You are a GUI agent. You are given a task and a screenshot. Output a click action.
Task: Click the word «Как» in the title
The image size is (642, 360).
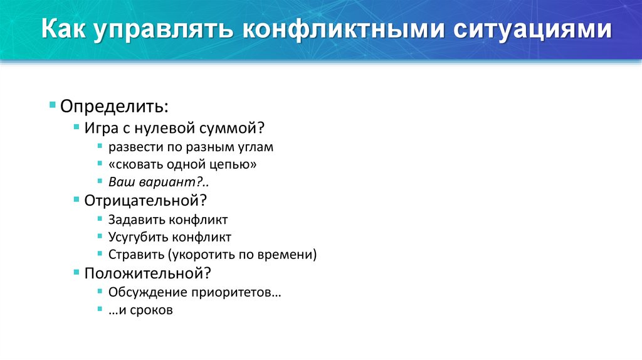click(65, 31)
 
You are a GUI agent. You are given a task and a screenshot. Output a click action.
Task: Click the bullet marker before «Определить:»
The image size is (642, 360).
click(53, 103)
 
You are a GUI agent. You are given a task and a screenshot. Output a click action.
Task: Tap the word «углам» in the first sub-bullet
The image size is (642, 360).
click(256, 147)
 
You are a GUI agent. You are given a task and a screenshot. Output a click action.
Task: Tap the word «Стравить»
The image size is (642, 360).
click(136, 255)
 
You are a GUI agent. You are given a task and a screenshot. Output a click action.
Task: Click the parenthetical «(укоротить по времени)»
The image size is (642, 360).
click(242, 255)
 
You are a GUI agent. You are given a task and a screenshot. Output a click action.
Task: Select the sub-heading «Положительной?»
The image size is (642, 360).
click(147, 273)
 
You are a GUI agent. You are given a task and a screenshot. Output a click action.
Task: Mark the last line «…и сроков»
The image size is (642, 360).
click(140, 310)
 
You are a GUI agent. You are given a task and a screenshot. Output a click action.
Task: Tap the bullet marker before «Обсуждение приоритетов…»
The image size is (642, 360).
click(101, 291)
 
